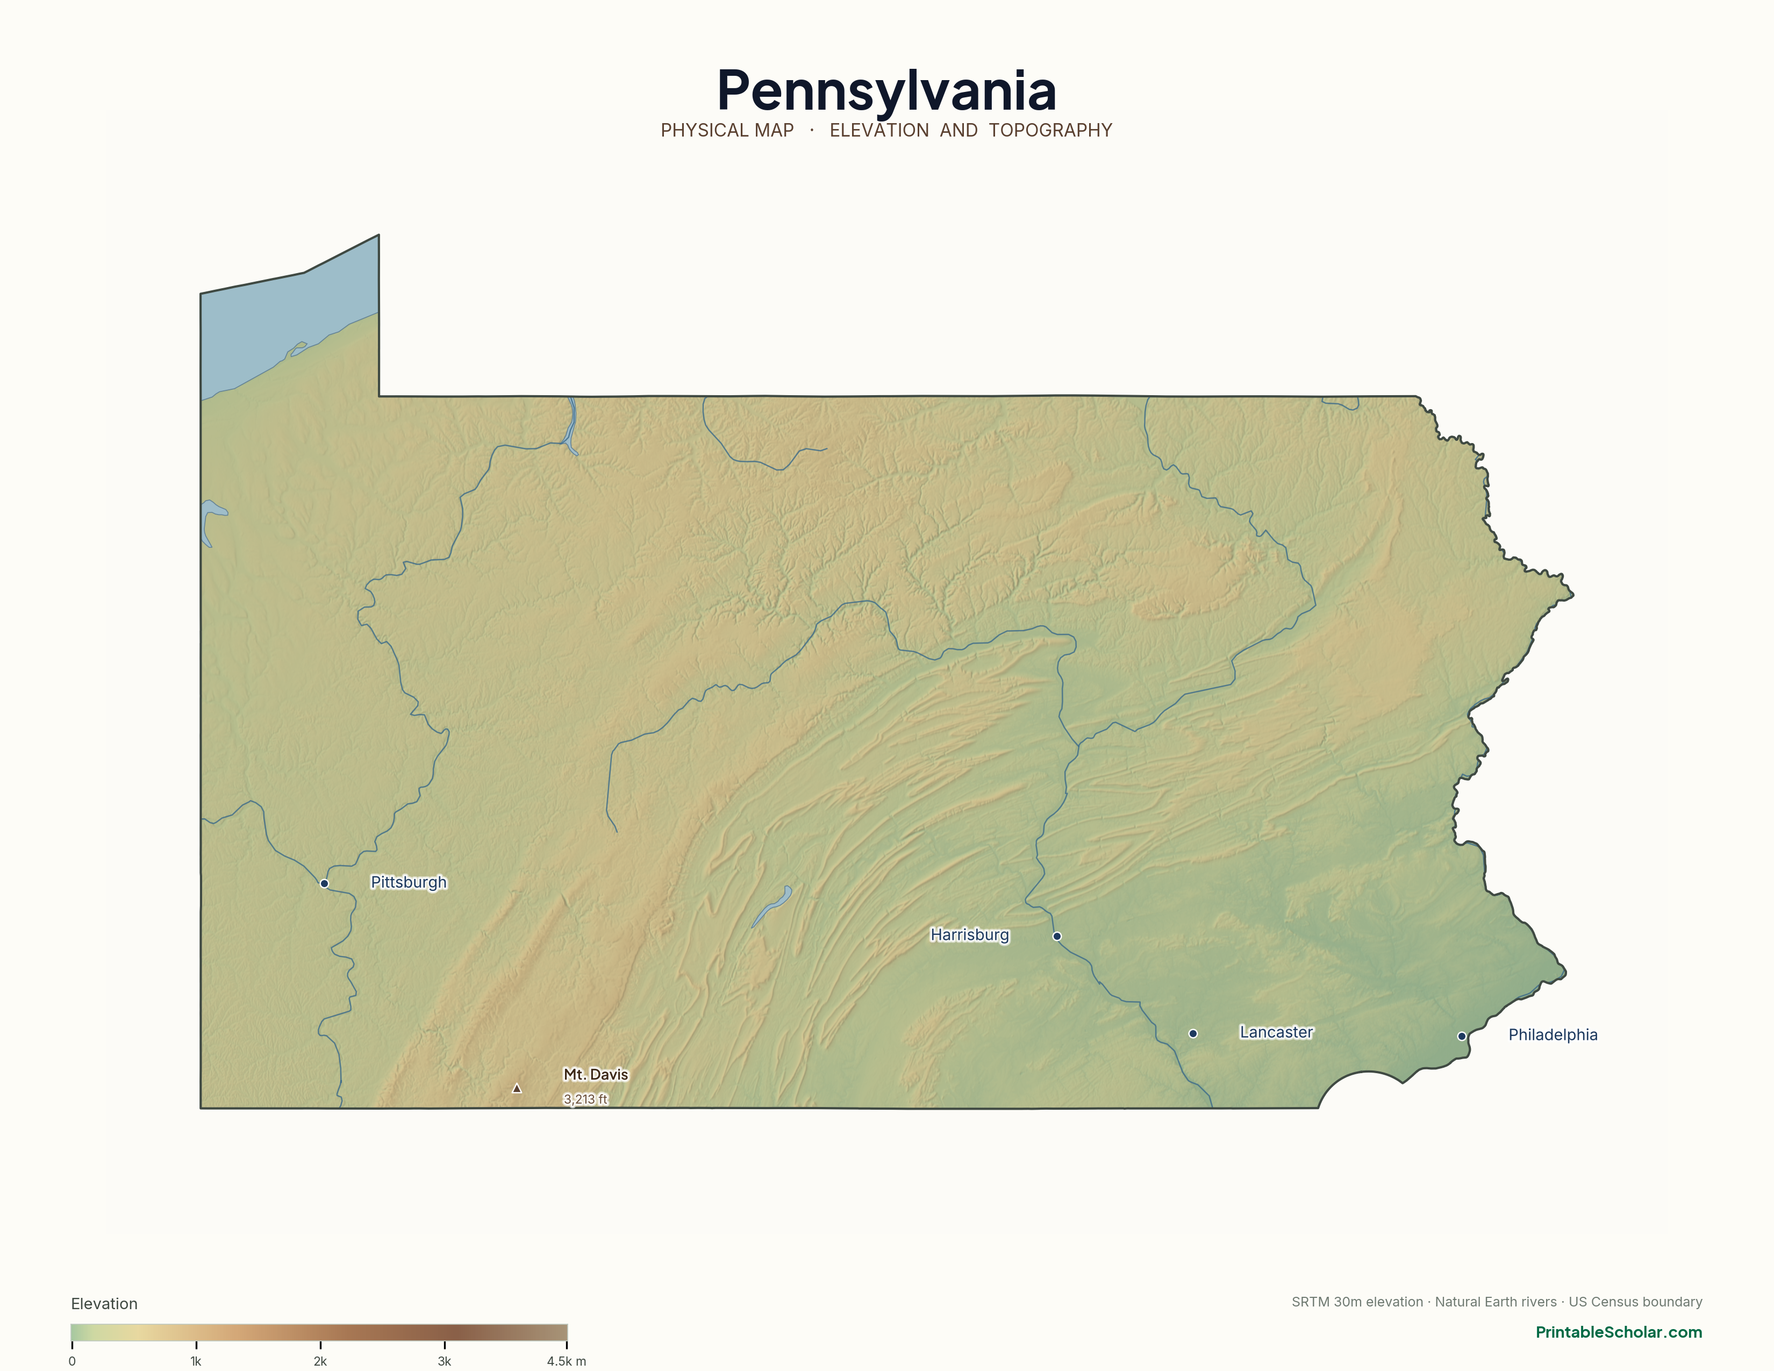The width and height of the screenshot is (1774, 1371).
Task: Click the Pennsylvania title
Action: pos(886,90)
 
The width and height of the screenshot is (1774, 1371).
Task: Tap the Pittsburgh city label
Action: pos(408,882)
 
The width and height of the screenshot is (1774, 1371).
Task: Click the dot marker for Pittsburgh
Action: pos(324,883)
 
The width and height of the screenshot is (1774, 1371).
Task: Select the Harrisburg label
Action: pos(969,935)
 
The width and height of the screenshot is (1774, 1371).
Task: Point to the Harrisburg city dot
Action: pos(1057,936)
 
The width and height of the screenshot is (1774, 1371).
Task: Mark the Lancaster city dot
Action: pos(1192,1033)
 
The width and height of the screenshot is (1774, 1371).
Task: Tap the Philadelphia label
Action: pos(1553,1035)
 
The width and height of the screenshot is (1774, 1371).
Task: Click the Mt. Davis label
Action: pos(596,1075)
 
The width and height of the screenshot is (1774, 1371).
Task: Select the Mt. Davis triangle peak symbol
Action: pos(517,1088)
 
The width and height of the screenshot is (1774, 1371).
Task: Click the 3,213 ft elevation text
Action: pos(585,1099)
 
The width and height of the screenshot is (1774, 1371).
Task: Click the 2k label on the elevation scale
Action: pos(320,1361)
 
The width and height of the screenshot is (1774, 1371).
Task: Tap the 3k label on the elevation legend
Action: pos(445,1361)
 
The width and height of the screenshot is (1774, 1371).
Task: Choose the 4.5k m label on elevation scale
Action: pos(566,1361)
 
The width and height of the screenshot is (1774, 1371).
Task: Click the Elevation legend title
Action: pos(104,1304)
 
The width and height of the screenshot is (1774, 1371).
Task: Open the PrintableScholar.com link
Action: pos(1618,1332)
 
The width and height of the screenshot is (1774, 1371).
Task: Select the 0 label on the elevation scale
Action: pos(72,1361)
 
